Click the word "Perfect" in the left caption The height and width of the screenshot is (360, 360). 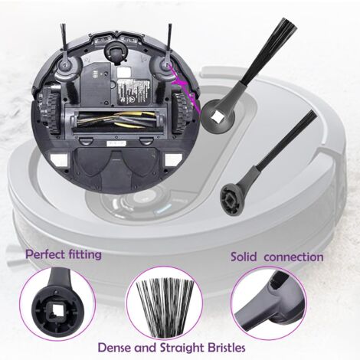pyautogui.click(x=47, y=254)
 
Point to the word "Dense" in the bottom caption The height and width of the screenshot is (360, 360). pyautogui.click(x=116, y=347)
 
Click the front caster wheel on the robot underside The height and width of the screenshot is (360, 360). pyautogui.click(x=116, y=51)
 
